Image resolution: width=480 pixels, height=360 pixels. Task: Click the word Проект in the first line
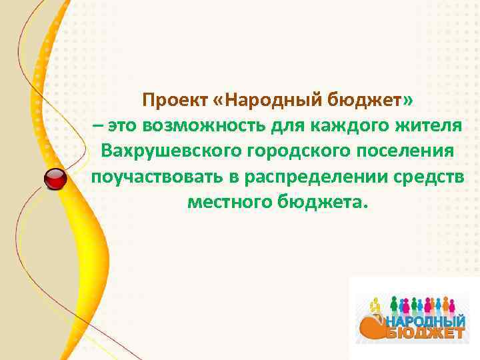(x=175, y=100)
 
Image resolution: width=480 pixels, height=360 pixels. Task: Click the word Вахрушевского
(x=171, y=151)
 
